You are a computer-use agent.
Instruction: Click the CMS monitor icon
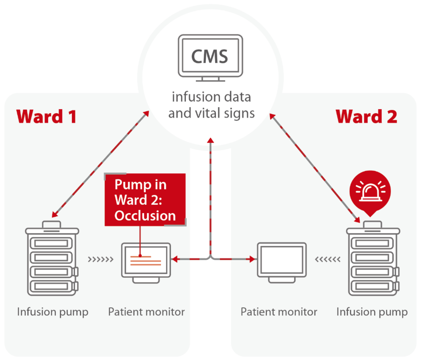point(210,56)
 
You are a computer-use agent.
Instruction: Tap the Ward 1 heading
point(46,117)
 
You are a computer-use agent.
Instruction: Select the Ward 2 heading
point(366,117)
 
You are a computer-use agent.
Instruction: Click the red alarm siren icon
point(370,191)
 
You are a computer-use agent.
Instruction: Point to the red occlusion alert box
point(145,200)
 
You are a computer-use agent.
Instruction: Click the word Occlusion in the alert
point(145,216)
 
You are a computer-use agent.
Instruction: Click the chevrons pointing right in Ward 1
point(101,259)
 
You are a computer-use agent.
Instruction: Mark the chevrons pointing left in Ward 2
point(327,259)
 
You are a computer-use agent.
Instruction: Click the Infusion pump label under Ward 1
point(53,312)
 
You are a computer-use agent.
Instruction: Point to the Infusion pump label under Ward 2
point(372,312)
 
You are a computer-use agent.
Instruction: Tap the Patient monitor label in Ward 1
point(146,312)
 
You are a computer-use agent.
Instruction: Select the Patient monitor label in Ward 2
point(279,312)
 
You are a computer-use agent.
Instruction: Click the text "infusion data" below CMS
point(211,97)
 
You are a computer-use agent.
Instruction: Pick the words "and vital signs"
point(211,113)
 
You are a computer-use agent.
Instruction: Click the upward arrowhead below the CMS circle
point(210,140)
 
